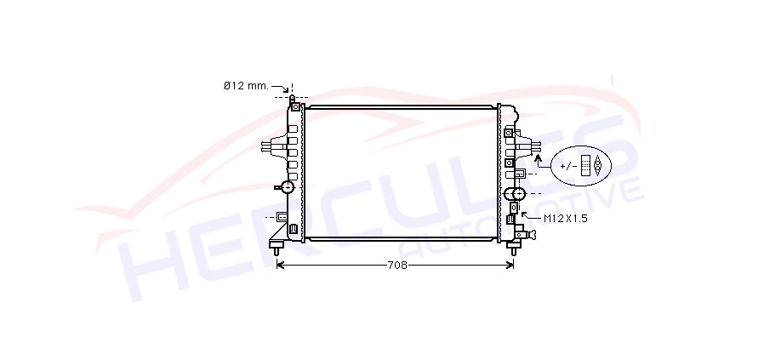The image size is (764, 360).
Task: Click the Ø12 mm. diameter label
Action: pyautogui.click(x=246, y=86)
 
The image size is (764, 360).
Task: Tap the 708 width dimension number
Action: pyautogui.click(x=397, y=266)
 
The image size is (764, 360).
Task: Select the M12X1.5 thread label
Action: pyautogui.click(x=565, y=219)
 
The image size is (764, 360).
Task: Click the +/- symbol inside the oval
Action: pyautogui.click(x=568, y=166)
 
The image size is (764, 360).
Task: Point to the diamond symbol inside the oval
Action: pyautogui.click(x=598, y=166)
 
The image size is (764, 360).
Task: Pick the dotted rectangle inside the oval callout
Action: pyautogui.click(x=585, y=166)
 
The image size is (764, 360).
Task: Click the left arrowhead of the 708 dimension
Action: pyautogui.click(x=280, y=265)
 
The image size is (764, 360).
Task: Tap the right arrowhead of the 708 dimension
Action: pyautogui.click(x=510, y=265)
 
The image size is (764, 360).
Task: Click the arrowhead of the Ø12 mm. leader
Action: pyautogui.click(x=286, y=90)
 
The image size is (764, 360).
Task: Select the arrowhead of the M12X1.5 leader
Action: pyautogui.click(x=524, y=214)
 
